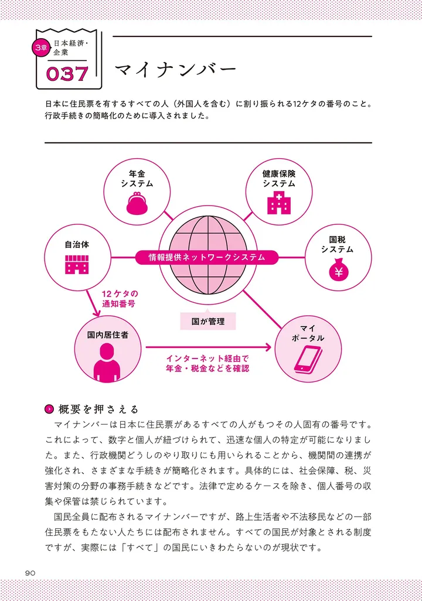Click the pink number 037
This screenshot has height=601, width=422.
[x=67, y=74]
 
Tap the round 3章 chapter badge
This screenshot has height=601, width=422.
[x=40, y=48]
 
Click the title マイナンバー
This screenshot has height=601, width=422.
[x=175, y=70]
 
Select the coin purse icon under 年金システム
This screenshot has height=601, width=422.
[x=137, y=203]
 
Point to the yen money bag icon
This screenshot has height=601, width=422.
[x=338, y=269]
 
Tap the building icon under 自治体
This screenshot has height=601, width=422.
[x=77, y=264]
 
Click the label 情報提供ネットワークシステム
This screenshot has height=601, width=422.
[x=207, y=257]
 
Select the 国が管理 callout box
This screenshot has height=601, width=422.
[x=208, y=320]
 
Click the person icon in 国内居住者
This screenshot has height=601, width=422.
[x=107, y=362]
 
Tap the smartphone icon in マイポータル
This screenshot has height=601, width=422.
[x=308, y=359]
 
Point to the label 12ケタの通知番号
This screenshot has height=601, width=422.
[x=120, y=299]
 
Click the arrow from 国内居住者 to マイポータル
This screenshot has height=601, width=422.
[x=208, y=347]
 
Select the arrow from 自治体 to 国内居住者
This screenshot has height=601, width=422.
[x=93, y=303]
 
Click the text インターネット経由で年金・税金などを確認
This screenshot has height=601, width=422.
[x=207, y=363]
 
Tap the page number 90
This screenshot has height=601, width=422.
[x=30, y=573]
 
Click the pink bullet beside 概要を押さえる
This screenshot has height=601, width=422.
[x=49, y=409]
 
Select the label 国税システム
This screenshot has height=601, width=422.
[x=338, y=244]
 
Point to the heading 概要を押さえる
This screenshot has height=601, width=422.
[x=98, y=409]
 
